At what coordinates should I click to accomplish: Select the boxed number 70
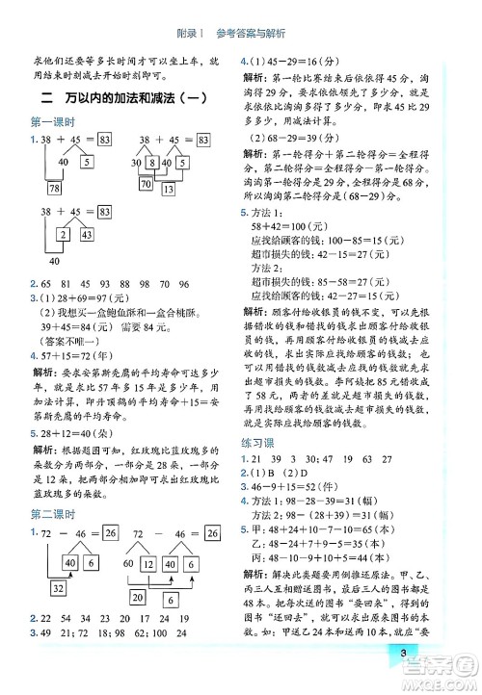[x=146, y=183]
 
